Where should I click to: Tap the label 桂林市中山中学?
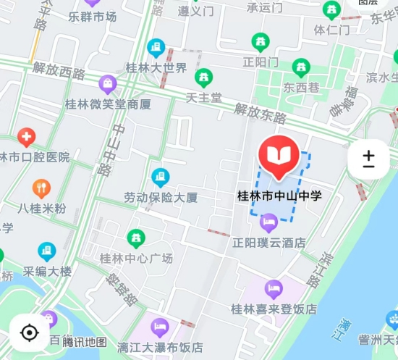pos(279,196)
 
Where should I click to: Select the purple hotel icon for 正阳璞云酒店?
pos(269,221)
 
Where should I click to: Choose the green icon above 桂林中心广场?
pos(135,238)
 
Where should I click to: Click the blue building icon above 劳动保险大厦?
pos(160,177)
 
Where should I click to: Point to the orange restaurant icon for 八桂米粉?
pos(41,189)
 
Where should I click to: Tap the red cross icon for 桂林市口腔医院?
pos(26,136)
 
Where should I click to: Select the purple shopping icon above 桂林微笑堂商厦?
pos(108,84)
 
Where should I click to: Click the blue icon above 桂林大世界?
pos(156,49)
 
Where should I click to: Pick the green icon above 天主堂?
pos(204,76)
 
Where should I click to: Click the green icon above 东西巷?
pos(301,68)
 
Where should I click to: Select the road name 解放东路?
pos(260,112)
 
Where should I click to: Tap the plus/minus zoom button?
pos(368,159)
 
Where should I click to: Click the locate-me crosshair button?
pos(29,332)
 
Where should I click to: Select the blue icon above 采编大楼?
pos(47,252)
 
